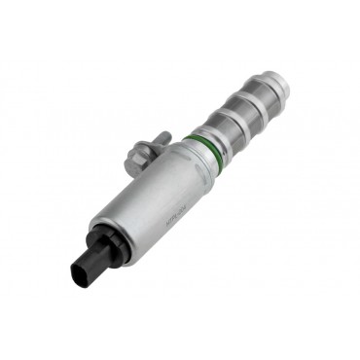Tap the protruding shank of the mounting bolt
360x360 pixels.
click(163, 138)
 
